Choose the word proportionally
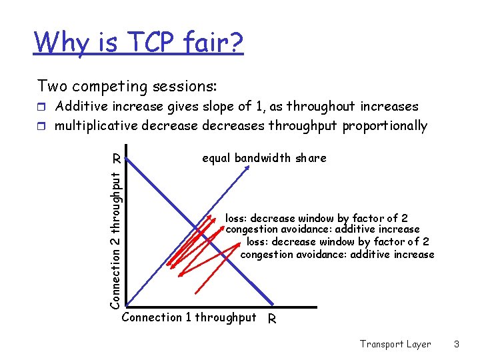(x=385, y=126)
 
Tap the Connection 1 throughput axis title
(x=189, y=317)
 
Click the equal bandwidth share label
(x=264, y=158)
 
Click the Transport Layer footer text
(x=395, y=344)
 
